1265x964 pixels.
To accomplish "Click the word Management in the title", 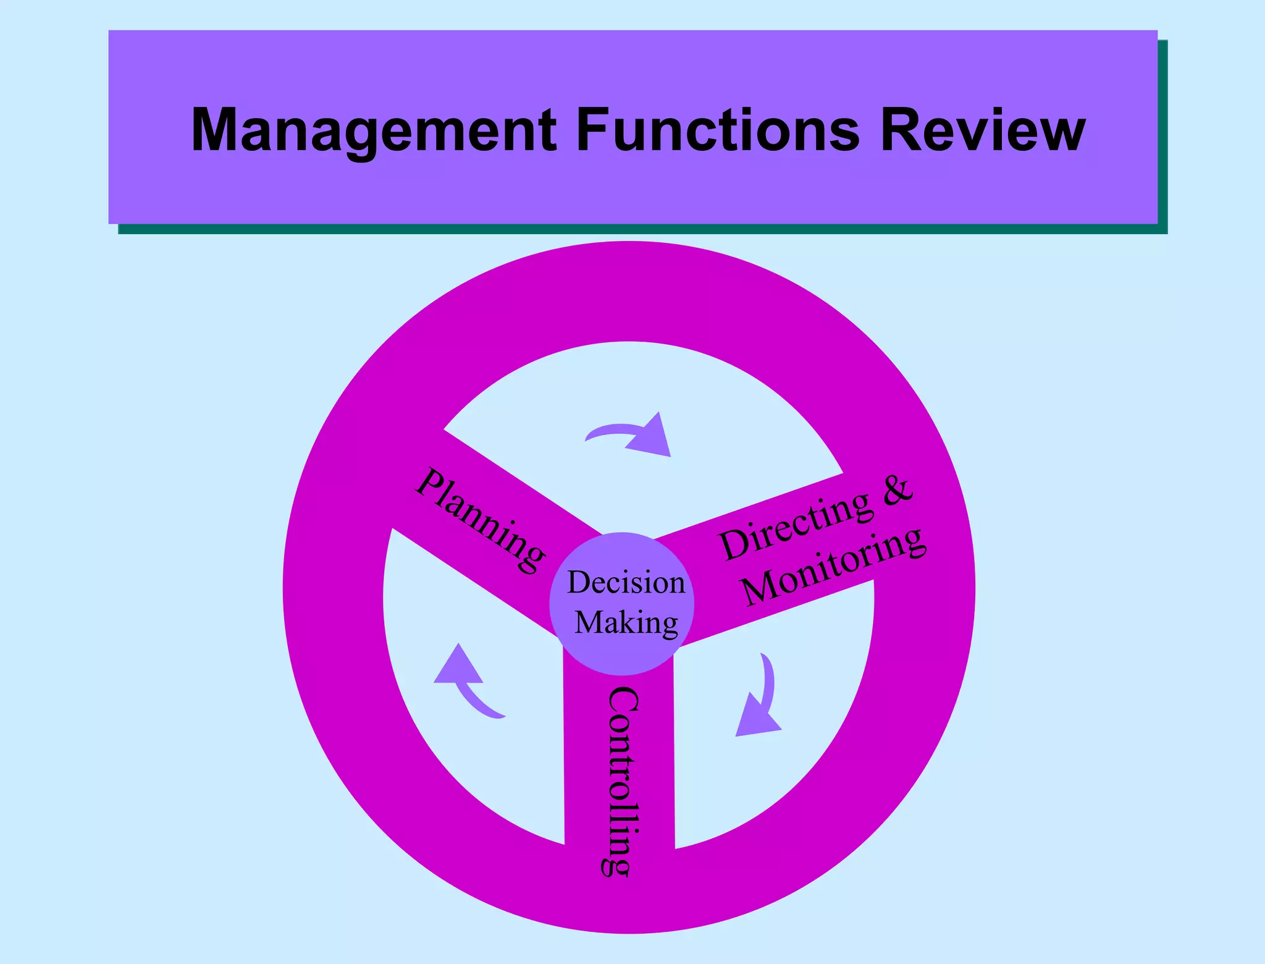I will click(374, 130).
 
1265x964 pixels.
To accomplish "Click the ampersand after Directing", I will click(896, 489).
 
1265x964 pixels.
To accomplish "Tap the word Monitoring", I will click(834, 566).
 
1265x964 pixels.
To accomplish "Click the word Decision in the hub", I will click(626, 583).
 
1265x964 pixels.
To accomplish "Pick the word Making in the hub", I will click(626, 622).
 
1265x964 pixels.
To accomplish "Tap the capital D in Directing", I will click(734, 544).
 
